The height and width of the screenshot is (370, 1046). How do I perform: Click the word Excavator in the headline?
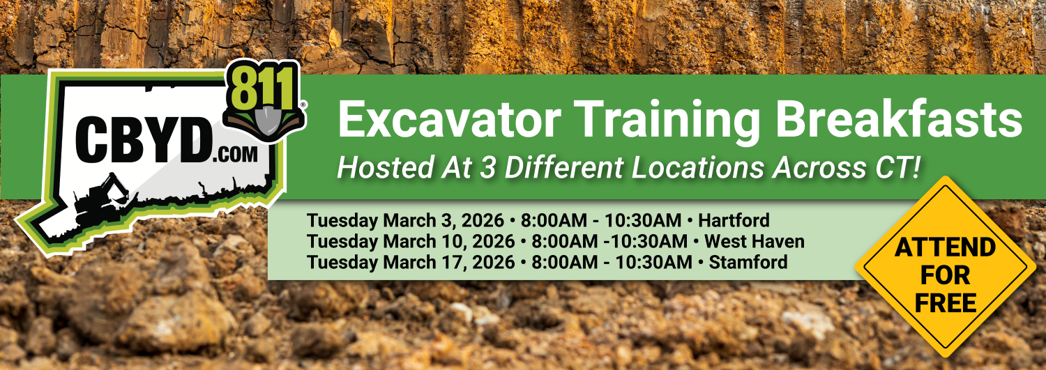[x=449, y=119]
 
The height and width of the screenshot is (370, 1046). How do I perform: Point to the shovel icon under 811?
[x=265, y=118]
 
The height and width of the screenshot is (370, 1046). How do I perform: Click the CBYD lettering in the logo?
[x=143, y=139]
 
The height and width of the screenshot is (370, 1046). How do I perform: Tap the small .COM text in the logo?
[x=236, y=155]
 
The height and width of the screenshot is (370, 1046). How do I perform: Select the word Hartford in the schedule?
[x=734, y=220]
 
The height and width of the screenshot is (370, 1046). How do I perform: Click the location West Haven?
[x=754, y=241]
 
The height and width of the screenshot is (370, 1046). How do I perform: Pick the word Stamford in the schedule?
[x=748, y=262]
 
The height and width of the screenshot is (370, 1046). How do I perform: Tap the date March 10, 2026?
[x=449, y=241]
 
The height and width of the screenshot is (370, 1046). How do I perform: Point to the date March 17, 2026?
[x=449, y=262]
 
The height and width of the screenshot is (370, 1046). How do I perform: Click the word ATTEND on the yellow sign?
[x=945, y=247]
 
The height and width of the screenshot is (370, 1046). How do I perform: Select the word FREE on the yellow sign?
[x=946, y=303]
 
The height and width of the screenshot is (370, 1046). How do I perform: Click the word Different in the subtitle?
[x=564, y=167]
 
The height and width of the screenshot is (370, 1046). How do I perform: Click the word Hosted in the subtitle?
[x=385, y=167]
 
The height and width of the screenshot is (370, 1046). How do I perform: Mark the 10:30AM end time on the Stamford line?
[x=653, y=262]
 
